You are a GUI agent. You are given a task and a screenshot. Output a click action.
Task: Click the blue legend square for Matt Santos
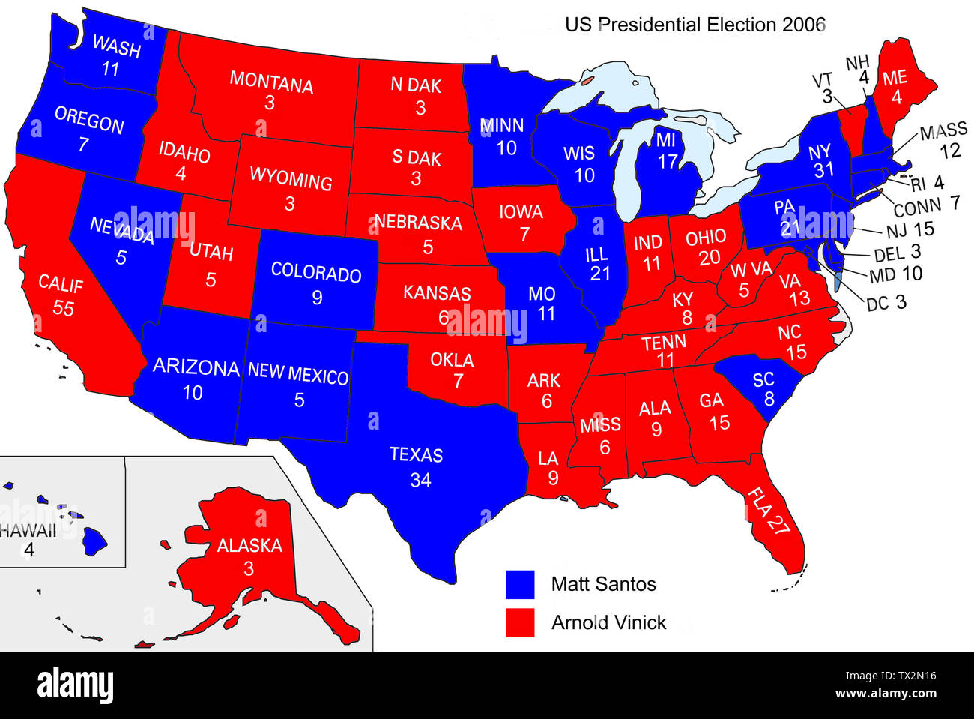click(520, 584)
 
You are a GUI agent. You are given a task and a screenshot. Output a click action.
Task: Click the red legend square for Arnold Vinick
click(520, 622)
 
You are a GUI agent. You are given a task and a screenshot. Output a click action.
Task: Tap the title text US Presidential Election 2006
click(695, 25)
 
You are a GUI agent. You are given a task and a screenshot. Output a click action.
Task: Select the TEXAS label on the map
click(416, 455)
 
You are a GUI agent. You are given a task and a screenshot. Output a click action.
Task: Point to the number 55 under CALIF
click(63, 307)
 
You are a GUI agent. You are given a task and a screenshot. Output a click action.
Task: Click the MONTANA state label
click(271, 81)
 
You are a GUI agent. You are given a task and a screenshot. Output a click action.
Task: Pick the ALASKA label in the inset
click(249, 545)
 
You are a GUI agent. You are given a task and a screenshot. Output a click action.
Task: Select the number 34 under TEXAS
click(420, 479)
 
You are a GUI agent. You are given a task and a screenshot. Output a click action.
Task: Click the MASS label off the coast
click(943, 132)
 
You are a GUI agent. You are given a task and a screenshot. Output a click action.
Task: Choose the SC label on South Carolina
click(763, 379)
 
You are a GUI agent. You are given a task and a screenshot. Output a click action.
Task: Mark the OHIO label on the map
click(705, 238)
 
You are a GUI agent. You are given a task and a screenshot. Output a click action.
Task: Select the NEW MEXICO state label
click(297, 373)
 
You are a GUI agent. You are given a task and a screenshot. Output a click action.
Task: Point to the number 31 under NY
click(823, 170)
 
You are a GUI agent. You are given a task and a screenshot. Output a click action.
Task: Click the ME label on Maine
click(895, 78)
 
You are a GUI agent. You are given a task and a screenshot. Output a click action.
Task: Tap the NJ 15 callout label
click(910, 230)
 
